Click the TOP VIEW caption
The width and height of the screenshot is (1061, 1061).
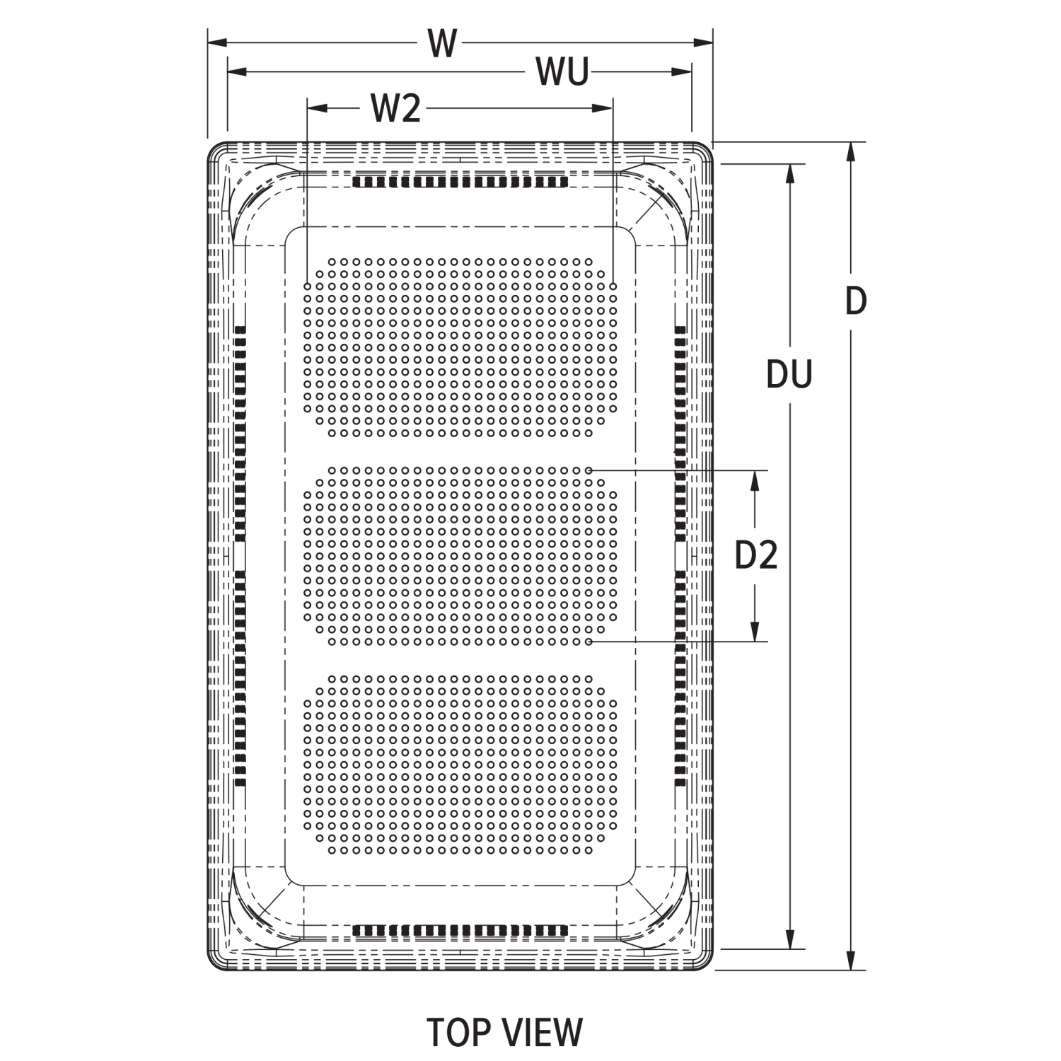point(504,1032)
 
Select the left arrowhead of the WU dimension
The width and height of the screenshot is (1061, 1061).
point(236,72)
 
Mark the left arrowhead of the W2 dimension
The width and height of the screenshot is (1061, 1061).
point(315,108)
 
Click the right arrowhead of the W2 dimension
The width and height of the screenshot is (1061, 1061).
point(603,108)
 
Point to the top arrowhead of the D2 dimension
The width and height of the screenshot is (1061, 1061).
point(755,480)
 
